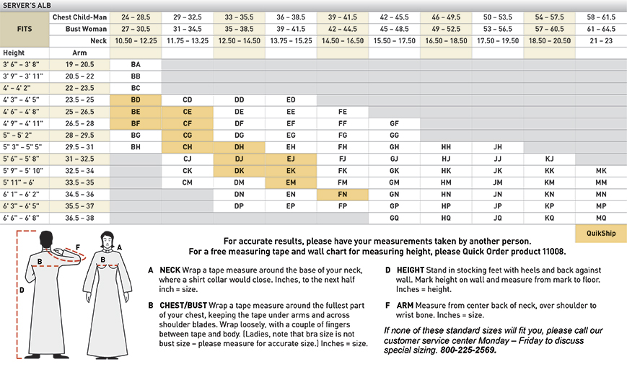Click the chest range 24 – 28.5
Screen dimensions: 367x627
pos(136,17)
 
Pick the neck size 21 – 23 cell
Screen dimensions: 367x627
pos(601,41)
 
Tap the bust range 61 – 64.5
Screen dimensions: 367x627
pos(601,29)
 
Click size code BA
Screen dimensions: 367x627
pos(136,64)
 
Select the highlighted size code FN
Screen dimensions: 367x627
pos(343,194)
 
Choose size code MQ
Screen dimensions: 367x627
pos(601,217)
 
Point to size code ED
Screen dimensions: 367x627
pos(291,100)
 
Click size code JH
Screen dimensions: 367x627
pos(497,147)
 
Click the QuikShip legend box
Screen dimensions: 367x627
pos(601,233)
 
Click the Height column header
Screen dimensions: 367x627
pos(14,53)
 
